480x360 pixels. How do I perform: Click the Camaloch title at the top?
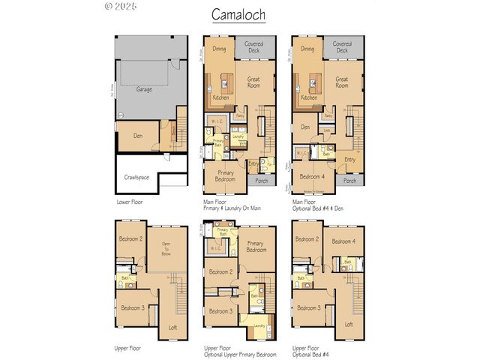[x=239, y=15]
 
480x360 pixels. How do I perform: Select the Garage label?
[x=145, y=88]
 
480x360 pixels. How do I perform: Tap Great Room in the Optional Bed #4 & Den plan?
[x=342, y=82]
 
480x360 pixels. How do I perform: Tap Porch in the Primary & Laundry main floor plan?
[x=262, y=181]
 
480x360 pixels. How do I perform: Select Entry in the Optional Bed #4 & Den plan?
[x=349, y=158]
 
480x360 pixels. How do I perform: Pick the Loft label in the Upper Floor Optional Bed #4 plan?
[x=348, y=324]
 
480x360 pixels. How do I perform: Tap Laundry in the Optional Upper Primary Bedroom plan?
[x=259, y=327]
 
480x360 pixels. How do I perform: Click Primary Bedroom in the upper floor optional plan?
[x=256, y=247]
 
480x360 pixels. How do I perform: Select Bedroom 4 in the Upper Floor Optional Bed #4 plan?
[x=343, y=241]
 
